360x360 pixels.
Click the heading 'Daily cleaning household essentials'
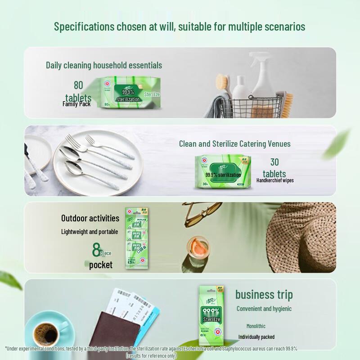(x=104, y=65)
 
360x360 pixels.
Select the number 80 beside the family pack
(x=78, y=85)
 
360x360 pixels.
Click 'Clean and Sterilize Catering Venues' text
(x=234, y=144)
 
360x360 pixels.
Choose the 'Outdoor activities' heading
(x=90, y=218)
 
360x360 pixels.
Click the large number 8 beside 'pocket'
(x=96, y=249)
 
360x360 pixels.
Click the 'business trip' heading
(x=264, y=295)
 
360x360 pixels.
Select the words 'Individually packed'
(x=256, y=337)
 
